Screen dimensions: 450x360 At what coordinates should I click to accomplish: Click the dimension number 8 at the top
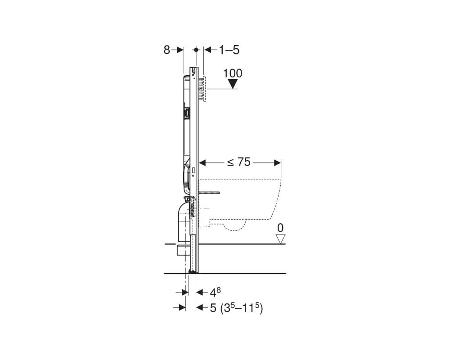[x=167, y=50]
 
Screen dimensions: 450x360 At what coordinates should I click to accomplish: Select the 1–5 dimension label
[x=229, y=50]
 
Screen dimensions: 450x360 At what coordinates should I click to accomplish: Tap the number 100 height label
[x=233, y=73]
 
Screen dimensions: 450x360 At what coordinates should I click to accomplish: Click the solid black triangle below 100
[x=233, y=84]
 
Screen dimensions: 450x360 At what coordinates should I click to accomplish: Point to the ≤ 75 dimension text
[x=239, y=162]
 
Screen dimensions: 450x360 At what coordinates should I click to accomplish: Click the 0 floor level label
[x=280, y=228]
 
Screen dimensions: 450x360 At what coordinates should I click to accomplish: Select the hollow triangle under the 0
[x=280, y=239]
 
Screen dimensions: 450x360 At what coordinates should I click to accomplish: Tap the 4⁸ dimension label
[x=215, y=292]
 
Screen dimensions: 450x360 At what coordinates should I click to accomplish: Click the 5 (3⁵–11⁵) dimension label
[x=237, y=308]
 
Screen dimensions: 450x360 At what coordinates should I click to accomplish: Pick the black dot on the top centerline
[x=196, y=49]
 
